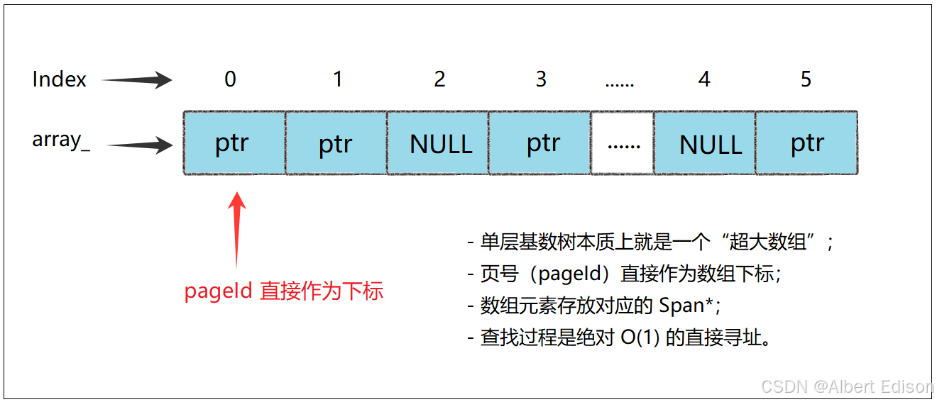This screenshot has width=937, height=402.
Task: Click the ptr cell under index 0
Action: pyautogui.click(x=234, y=143)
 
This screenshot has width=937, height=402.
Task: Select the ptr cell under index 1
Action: pyautogui.click(x=336, y=143)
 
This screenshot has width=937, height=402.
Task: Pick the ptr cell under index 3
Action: pyautogui.click(x=540, y=143)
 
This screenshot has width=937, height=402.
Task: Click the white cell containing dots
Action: pyautogui.click(x=623, y=143)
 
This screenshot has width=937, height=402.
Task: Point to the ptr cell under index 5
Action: pyautogui.click(x=806, y=143)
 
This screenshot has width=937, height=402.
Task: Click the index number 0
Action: pyautogui.click(x=230, y=79)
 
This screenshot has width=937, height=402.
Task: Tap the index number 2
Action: pyautogui.click(x=439, y=79)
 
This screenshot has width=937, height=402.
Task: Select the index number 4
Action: pyautogui.click(x=704, y=79)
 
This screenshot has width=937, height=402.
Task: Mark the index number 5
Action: pyautogui.click(x=806, y=79)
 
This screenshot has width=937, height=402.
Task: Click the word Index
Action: pyautogui.click(x=59, y=79)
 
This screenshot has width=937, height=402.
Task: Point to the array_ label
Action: pyautogui.click(x=61, y=140)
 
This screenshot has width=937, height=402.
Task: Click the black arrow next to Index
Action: pyautogui.click(x=138, y=80)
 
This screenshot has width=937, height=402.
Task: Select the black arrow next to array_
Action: pyautogui.click(x=141, y=146)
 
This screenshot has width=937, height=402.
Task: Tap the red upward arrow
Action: pyautogui.click(x=238, y=227)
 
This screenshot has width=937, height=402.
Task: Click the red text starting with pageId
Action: pyautogui.click(x=283, y=291)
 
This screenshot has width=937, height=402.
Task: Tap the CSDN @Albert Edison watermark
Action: pyautogui.click(x=847, y=386)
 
